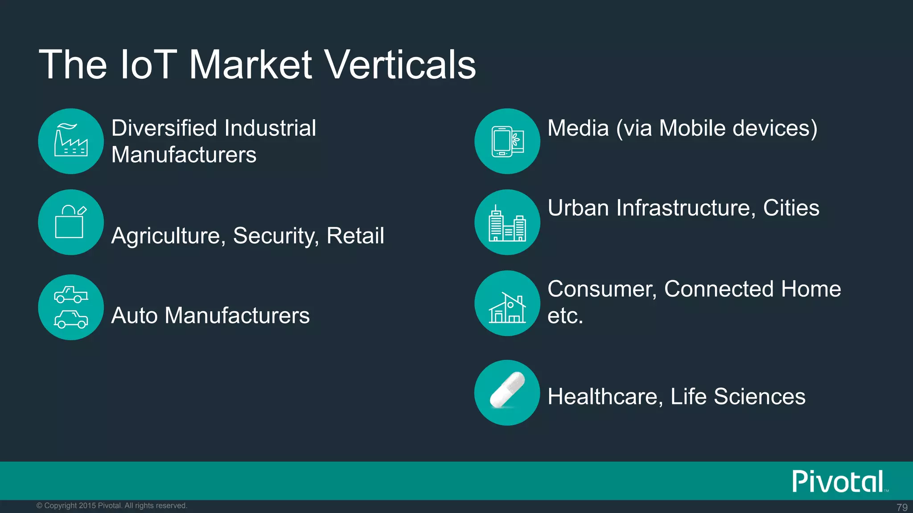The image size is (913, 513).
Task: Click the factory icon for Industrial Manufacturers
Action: [71, 141]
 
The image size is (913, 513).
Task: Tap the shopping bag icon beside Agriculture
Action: [71, 222]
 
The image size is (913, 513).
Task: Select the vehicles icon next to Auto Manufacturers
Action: [71, 307]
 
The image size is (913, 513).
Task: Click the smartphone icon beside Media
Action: [507, 141]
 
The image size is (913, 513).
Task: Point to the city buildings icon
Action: [507, 223]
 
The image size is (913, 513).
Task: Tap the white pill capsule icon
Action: [507, 391]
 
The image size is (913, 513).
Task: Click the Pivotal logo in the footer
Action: [839, 481]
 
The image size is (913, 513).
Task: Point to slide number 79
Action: [902, 507]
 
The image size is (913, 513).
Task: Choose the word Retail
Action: [355, 236]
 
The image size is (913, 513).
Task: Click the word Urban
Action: [578, 208]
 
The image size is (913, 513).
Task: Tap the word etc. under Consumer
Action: [565, 316]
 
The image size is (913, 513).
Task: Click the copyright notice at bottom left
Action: [111, 506]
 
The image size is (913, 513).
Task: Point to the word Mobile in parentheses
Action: [692, 128]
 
